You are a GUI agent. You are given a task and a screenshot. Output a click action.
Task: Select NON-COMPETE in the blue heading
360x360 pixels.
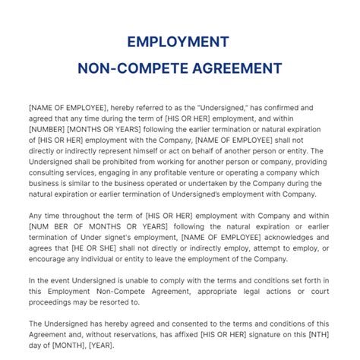(126, 68)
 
